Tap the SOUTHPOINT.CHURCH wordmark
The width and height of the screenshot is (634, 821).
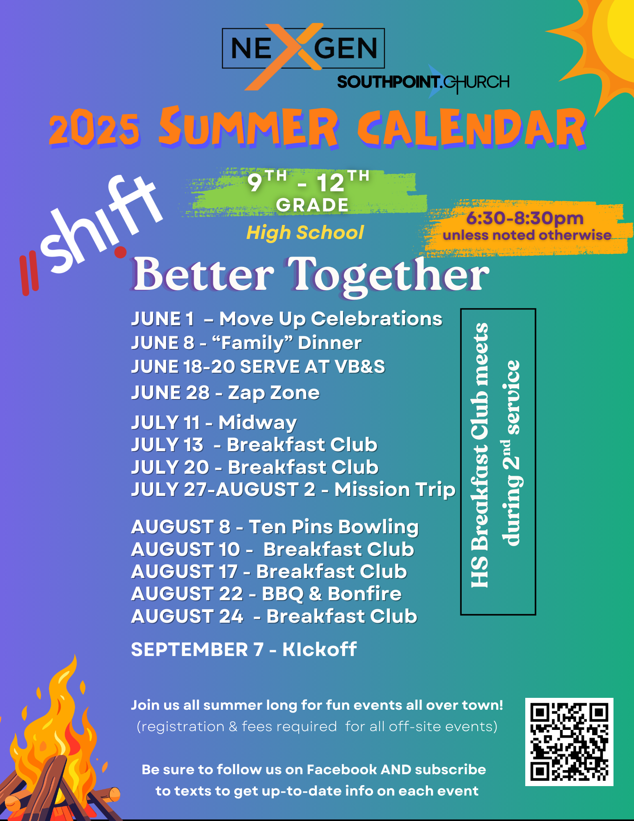click(423, 82)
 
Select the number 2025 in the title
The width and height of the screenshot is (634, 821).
click(94, 127)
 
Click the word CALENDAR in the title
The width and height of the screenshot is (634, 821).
click(472, 128)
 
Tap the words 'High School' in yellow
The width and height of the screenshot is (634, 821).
click(305, 233)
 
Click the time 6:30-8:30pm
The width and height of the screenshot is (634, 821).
click(525, 218)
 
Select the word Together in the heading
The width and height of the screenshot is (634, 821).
click(388, 275)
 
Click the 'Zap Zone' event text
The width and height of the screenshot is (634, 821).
click(274, 393)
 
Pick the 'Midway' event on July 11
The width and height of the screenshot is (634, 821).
click(258, 423)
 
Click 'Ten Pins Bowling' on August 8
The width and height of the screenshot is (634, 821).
click(334, 527)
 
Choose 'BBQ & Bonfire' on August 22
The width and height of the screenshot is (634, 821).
click(332, 594)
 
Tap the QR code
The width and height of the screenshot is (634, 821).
click(569, 742)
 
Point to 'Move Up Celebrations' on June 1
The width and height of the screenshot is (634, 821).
click(331, 319)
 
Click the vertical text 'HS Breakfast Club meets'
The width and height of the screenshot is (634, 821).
click(480, 455)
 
